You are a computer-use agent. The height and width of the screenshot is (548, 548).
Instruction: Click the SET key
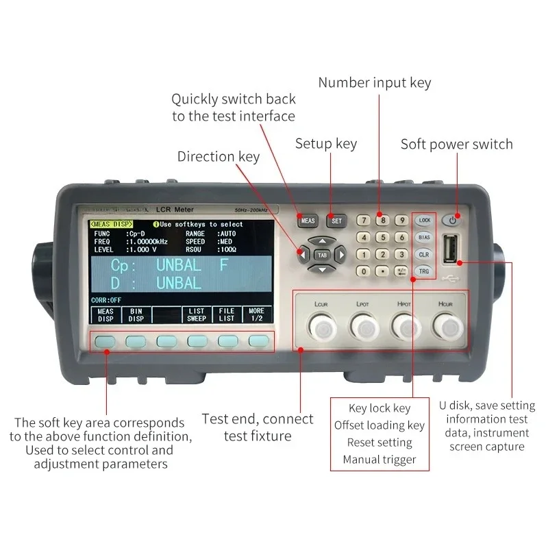(x=336, y=221)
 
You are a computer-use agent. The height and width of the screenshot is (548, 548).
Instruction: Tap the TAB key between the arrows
(x=321, y=254)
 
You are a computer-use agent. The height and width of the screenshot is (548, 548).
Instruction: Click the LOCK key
(x=425, y=220)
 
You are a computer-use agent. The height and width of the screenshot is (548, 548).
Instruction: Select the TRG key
(x=424, y=271)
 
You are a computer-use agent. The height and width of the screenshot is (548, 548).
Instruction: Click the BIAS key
(x=424, y=237)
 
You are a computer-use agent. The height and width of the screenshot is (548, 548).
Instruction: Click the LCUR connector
(x=319, y=327)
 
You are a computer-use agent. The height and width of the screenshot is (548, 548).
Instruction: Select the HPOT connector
(x=405, y=327)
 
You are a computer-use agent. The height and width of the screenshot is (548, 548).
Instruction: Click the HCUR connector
(x=449, y=327)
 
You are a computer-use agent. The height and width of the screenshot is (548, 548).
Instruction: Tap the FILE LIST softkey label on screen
(x=226, y=314)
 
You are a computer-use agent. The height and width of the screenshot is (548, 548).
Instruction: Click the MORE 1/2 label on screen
(x=256, y=314)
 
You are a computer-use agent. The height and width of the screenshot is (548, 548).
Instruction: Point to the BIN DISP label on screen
(x=136, y=314)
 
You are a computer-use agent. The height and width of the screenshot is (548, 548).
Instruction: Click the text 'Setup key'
(x=326, y=144)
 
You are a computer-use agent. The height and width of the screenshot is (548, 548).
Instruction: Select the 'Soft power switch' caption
(x=456, y=144)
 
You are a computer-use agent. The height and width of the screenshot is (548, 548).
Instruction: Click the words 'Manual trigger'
(x=379, y=460)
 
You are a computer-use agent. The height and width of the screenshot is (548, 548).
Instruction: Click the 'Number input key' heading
(x=375, y=83)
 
